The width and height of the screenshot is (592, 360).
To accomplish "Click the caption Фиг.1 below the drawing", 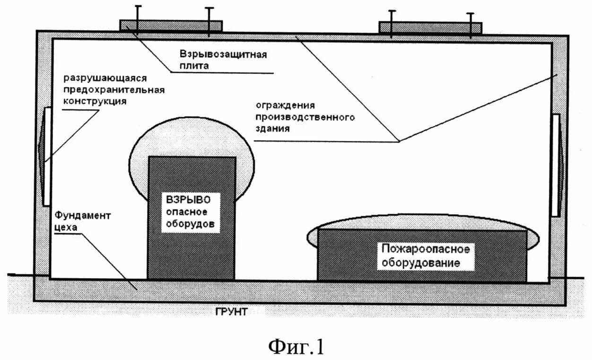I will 297,346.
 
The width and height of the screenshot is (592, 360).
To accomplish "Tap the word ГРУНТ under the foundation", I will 231,312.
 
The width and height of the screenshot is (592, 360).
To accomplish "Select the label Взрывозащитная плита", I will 223,60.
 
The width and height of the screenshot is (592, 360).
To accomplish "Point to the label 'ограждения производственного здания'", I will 305,116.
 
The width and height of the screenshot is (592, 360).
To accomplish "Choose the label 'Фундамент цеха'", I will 82,221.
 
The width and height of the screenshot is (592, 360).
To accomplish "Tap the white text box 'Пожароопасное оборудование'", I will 426,256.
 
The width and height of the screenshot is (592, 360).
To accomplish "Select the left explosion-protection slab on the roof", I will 171,25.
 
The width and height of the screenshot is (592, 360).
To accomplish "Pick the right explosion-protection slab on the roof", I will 430,27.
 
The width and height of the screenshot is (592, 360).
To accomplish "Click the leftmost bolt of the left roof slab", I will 138,19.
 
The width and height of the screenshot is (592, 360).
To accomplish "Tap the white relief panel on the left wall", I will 47,157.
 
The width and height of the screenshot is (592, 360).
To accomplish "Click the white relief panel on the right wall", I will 556,164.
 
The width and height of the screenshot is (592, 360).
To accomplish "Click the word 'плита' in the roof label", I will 194,66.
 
